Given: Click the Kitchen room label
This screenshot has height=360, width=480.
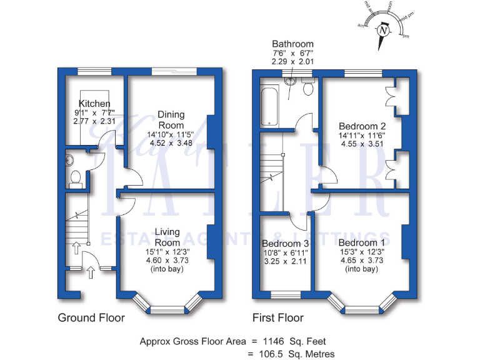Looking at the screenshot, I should coord(94,103).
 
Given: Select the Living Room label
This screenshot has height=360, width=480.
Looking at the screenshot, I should coord(167,237).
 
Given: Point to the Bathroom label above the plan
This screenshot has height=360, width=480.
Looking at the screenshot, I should coord(292,44).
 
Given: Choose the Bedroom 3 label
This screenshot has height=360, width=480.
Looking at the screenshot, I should coord(285,243).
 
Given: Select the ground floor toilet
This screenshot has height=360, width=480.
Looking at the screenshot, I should coord(76,179).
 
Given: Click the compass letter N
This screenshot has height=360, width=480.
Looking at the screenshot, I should coord(382,31).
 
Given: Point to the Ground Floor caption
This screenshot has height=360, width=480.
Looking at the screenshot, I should coord(91,317).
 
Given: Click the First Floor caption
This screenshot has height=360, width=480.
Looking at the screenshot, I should coord(278,317).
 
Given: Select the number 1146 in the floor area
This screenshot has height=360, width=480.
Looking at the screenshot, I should coord(274,341).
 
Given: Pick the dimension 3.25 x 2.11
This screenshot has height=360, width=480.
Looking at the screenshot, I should coord(285,261).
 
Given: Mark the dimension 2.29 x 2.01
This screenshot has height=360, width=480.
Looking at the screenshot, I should coord(292,62).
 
